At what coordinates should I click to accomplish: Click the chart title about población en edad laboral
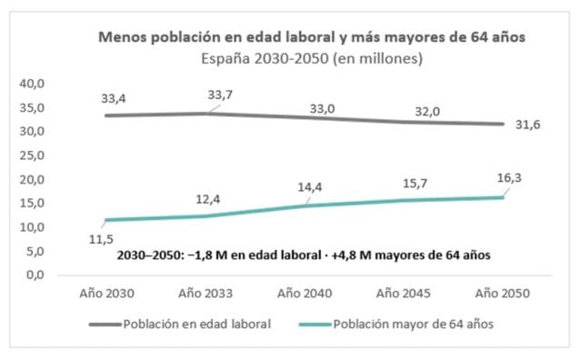click(311, 37)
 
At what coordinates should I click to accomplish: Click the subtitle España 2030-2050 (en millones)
click(312, 58)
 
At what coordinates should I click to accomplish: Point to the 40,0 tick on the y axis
click(32, 84)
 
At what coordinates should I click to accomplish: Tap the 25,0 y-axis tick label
click(32, 155)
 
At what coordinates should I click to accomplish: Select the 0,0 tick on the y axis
click(35, 275)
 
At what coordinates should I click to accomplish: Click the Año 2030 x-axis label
click(107, 294)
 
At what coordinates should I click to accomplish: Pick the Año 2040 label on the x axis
click(305, 294)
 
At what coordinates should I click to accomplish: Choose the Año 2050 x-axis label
click(503, 294)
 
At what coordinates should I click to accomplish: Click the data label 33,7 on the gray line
click(220, 95)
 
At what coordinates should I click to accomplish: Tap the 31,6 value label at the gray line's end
click(527, 125)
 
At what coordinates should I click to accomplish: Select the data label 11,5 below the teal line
click(101, 239)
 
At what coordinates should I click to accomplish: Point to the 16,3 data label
click(509, 178)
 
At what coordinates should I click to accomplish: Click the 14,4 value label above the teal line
click(310, 187)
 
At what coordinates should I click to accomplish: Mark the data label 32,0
click(427, 111)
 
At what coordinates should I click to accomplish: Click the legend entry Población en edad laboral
click(197, 325)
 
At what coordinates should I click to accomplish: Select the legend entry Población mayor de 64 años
click(414, 325)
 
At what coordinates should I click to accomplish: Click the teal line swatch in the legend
click(315, 325)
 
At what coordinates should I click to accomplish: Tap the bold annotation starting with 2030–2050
click(304, 255)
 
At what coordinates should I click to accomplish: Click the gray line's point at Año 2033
click(206, 114)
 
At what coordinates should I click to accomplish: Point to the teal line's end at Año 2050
click(503, 197)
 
